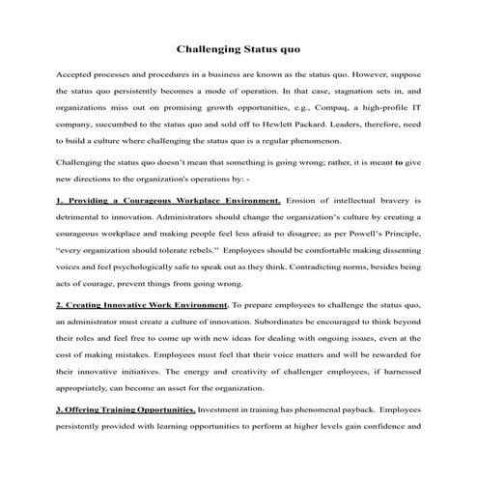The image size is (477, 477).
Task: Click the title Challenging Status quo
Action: click(238, 46)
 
